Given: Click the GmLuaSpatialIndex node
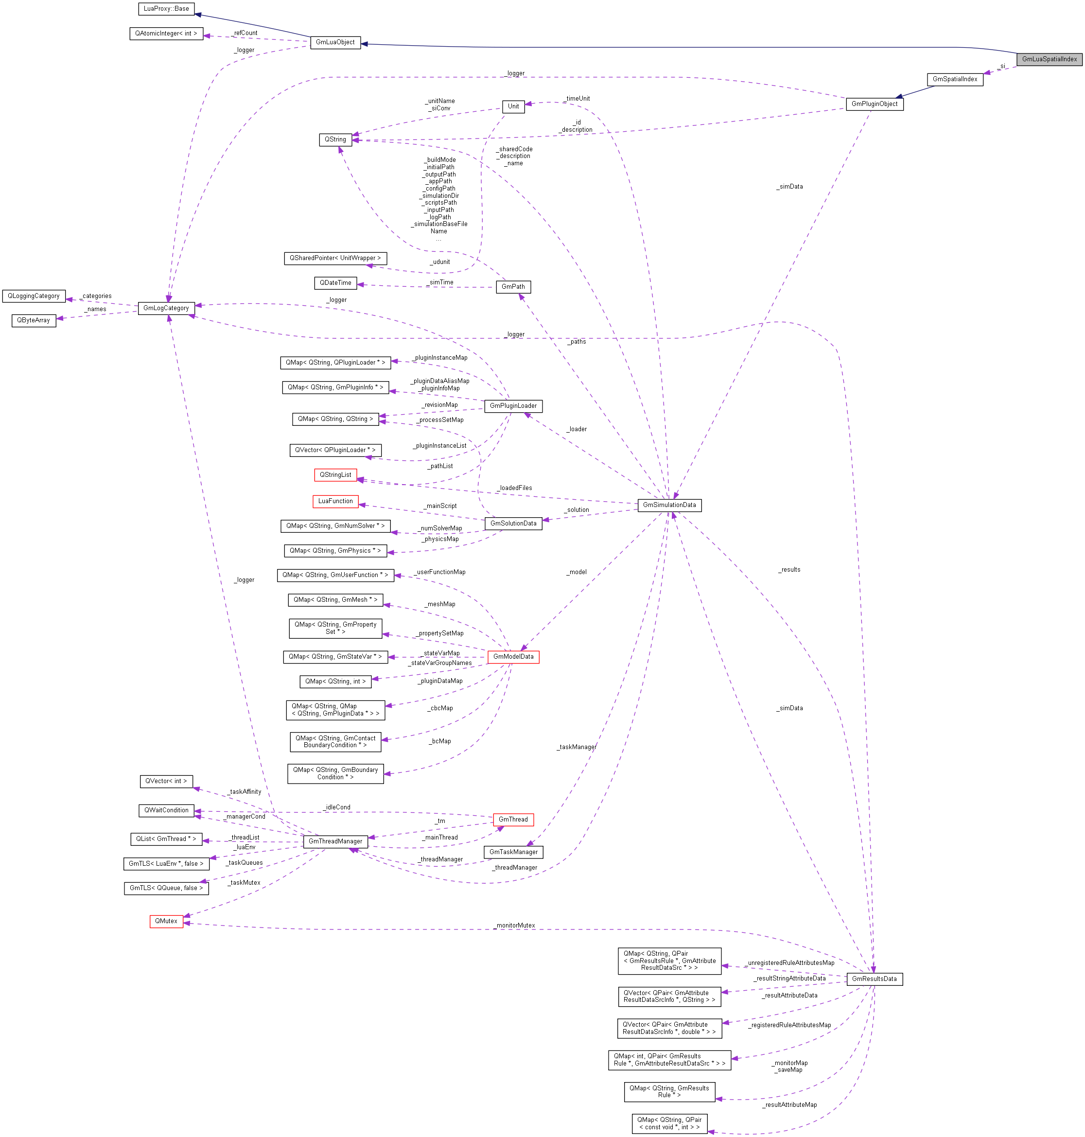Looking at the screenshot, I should [x=1049, y=59].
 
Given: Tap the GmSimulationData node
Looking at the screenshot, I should [x=669, y=505].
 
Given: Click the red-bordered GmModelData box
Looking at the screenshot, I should [x=513, y=656].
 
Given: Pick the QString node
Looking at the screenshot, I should [x=335, y=140].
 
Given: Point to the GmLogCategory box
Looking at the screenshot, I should [x=166, y=308].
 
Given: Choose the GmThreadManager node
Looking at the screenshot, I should [x=335, y=841].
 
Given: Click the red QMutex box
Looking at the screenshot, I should [x=166, y=921].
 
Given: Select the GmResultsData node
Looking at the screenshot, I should [x=874, y=979].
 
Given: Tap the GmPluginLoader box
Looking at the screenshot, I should [x=513, y=405].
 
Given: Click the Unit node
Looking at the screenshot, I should [x=513, y=106].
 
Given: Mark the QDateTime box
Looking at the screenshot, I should [x=335, y=283].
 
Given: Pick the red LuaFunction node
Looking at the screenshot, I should [x=335, y=501].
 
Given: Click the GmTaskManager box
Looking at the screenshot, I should [x=513, y=852].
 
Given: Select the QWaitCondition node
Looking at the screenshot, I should [x=166, y=810].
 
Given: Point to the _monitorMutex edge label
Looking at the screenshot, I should [x=515, y=926].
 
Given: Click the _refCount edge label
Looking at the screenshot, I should [x=245, y=33].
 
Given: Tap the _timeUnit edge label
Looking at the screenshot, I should [x=577, y=98].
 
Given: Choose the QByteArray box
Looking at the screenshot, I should [x=34, y=320].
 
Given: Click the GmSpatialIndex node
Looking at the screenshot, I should [x=955, y=79].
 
